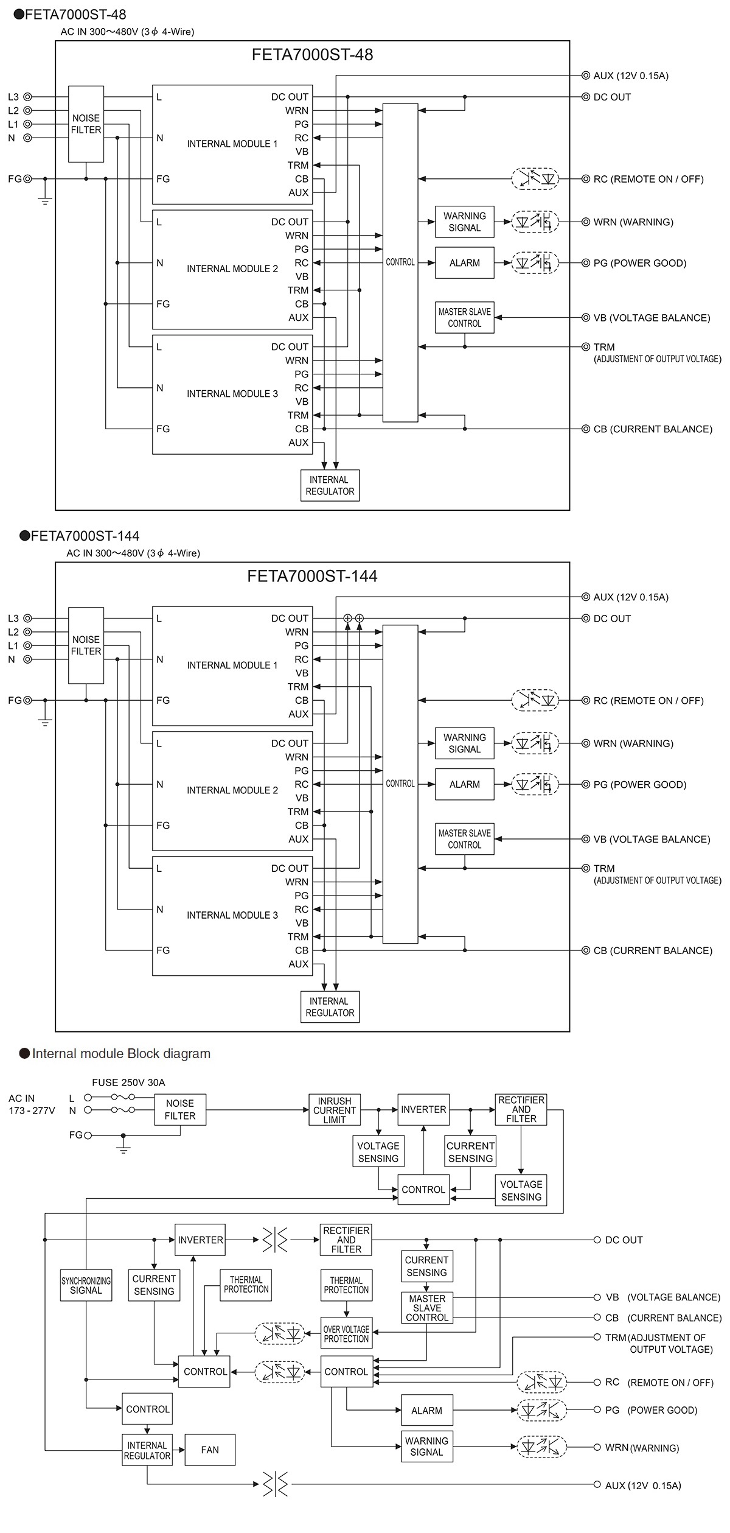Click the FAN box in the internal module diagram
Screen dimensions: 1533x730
coord(210,1450)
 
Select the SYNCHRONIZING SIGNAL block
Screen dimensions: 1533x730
coord(86,1285)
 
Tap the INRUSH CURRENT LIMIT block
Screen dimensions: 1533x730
coord(334,1110)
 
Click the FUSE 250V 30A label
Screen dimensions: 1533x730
coord(128,1082)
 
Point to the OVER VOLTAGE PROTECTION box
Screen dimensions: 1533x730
coord(346,1334)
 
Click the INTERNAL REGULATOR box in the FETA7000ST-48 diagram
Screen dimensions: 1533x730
coord(330,485)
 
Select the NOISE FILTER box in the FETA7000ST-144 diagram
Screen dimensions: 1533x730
coord(86,645)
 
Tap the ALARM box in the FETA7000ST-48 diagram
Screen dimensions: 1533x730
coord(464,263)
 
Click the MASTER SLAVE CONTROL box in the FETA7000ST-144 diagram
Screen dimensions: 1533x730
coord(464,839)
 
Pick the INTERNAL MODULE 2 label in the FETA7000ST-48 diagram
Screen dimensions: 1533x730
coord(232,268)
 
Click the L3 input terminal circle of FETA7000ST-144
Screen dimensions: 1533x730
coord(27,619)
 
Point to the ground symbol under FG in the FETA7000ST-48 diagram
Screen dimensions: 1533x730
coord(45,198)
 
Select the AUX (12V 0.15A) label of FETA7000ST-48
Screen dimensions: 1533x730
coord(630,76)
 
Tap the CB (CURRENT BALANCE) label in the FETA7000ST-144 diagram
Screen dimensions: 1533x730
coord(652,950)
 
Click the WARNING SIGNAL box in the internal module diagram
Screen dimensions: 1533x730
coord(426,1447)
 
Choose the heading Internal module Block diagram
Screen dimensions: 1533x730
coord(120,1054)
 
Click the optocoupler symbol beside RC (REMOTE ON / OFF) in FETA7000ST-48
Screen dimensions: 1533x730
coord(535,179)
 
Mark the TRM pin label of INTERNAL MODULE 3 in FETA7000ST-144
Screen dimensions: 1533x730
coord(297,936)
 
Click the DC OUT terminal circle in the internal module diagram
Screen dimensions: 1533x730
coord(597,1240)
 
